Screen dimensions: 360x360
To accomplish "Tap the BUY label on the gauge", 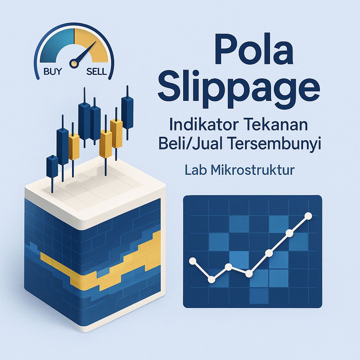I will (52, 71).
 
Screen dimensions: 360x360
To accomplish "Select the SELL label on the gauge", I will (96, 72).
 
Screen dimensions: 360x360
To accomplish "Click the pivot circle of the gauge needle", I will (73, 63).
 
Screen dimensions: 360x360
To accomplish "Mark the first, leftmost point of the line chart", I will (193, 261).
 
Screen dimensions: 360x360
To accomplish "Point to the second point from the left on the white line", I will (211, 279).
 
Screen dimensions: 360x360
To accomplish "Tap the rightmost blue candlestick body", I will (127, 112).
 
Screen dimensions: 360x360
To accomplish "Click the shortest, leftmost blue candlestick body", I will (52, 167).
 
